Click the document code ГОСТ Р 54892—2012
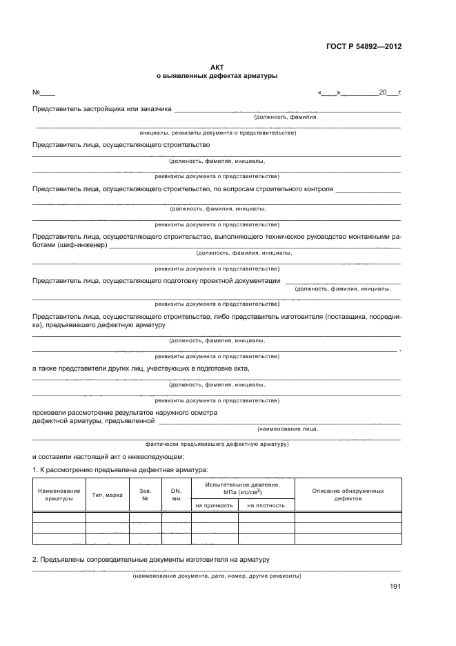click(364, 47)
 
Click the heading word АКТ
click(217, 67)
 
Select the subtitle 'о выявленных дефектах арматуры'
click(217, 76)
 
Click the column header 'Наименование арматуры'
click(59, 494)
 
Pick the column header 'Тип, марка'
click(107, 495)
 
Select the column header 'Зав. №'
click(146, 494)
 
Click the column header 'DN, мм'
click(176, 494)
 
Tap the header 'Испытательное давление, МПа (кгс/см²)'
click(242, 488)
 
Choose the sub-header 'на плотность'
click(266, 505)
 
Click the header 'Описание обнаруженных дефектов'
click(348, 494)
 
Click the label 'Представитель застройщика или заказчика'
click(102, 108)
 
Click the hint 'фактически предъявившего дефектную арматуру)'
click(217, 445)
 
